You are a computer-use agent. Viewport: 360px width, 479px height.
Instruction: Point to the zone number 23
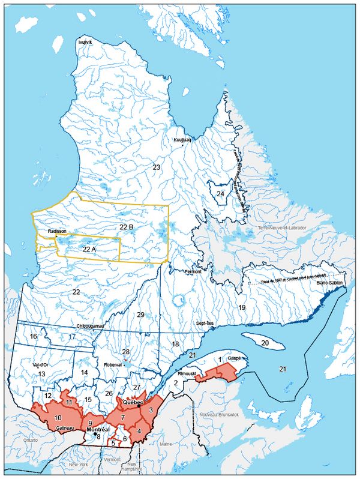[x=156, y=167]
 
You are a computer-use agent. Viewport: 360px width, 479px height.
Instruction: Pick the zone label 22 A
[x=89, y=249]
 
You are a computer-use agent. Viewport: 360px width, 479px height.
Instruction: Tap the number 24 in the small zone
[x=220, y=194]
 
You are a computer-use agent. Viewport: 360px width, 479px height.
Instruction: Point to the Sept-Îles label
[x=206, y=322]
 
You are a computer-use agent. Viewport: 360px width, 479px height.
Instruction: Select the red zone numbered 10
[x=58, y=417]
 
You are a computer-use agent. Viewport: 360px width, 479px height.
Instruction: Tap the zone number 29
[x=140, y=315]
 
